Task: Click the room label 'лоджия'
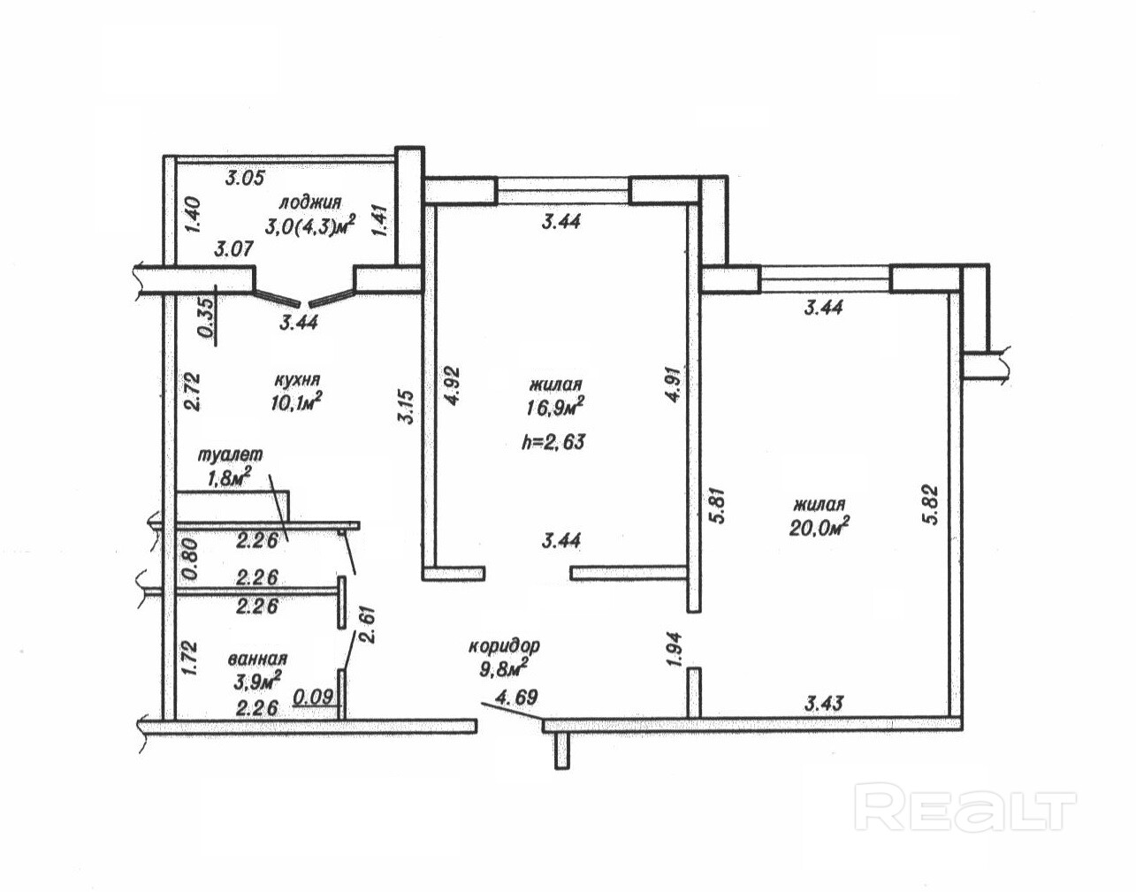309,202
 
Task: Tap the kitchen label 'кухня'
296,379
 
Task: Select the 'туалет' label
231,454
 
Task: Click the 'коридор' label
504,646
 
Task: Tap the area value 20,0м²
820,526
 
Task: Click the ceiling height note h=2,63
554,442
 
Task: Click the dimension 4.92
451,385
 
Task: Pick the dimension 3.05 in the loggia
244,178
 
